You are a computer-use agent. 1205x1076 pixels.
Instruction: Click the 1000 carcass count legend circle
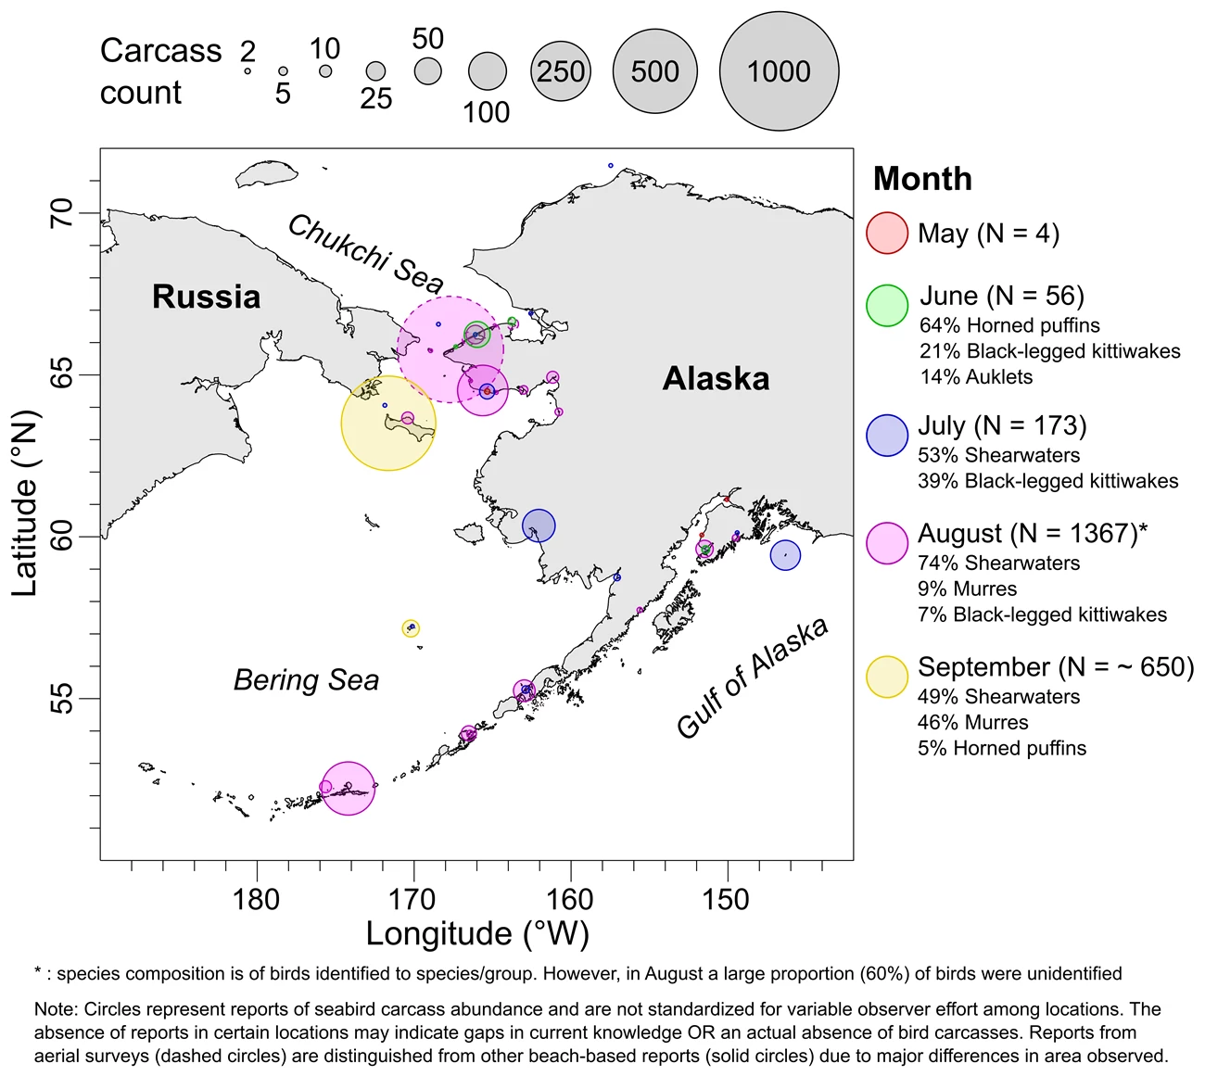click(779, 71)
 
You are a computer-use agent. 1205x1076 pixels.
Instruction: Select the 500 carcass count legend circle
click(654, 71)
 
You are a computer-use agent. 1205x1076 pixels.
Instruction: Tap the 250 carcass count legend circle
click(560, 71)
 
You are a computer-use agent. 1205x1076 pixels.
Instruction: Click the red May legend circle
click(886, 234)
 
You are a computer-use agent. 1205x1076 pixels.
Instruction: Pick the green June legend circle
click(886, 306)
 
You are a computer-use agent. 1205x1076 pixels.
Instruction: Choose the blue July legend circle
click(886, 436)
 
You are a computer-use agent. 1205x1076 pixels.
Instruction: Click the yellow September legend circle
click(886, 677)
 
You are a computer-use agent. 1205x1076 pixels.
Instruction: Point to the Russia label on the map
click(206, 297)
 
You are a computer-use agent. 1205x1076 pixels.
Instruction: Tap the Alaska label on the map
click(716, 378)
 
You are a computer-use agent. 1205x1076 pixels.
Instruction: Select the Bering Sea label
click(306, 680)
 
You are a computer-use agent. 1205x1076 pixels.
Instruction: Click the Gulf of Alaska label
click(752, 677)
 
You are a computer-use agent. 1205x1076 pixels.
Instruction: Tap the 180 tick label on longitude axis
click(256, 899)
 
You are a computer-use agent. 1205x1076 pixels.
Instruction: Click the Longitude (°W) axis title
click(477, 934)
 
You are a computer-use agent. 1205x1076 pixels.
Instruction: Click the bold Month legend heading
click(922, 178)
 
